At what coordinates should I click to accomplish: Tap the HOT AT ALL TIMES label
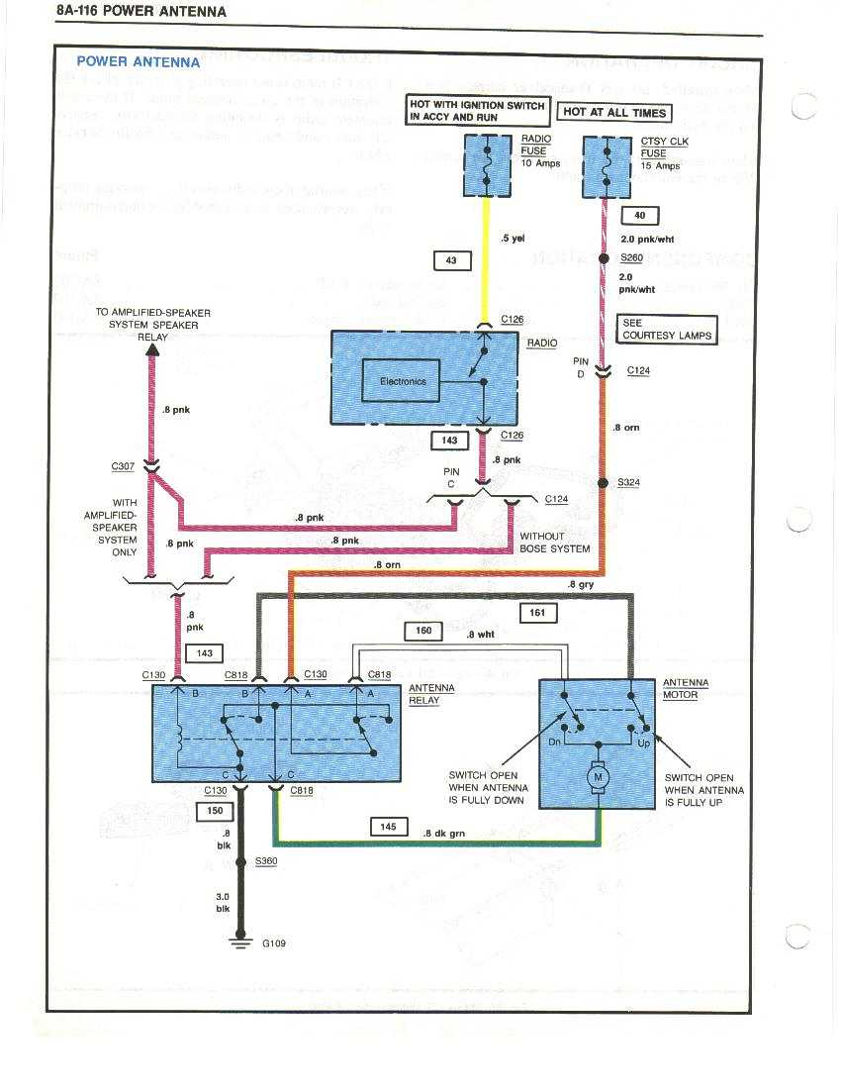click(x=613, y=112)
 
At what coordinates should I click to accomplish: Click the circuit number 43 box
click(x=452, y=260)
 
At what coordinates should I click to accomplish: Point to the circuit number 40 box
click(x=639, y=215)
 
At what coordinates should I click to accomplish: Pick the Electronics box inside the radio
click(x=402, y=381)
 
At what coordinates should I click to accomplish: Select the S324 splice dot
click(x=603, y=483)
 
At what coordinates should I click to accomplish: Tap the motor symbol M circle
click(x=597, y=778)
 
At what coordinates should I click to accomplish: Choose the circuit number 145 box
click(x=389, y=826)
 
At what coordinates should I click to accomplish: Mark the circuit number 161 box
click(x=537, y=614)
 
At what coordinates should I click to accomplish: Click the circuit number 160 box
click(x=423, y=630)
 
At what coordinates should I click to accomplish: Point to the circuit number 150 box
click(x=215, y=812)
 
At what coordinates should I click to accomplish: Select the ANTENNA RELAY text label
click(x=431, y=694)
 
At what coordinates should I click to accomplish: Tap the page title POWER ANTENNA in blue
click(x=139, y=61)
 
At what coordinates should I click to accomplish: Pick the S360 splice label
click(x=266, y=861)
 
